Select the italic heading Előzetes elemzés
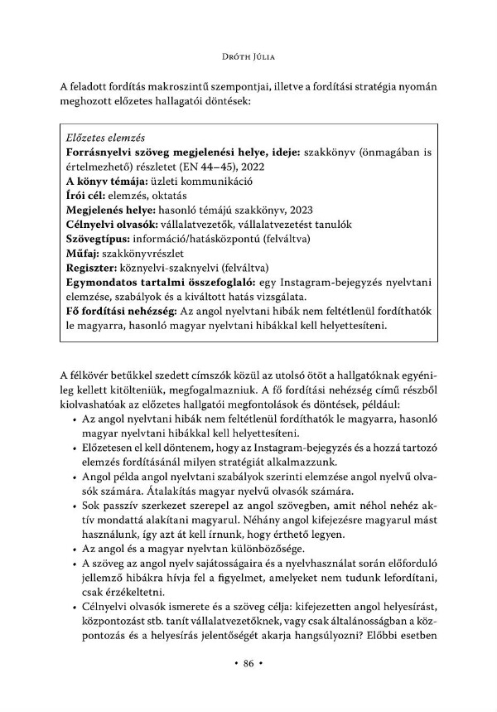click(104, 137)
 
